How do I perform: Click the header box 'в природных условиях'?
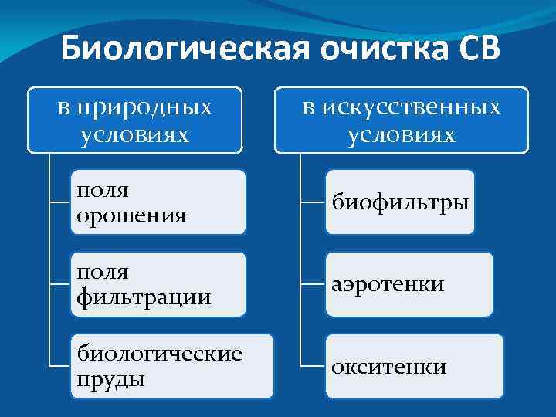coord(134,120)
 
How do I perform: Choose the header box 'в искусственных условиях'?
coord(401,120)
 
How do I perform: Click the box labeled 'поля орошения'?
coord(158,202)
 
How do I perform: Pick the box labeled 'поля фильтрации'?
coord(158,284)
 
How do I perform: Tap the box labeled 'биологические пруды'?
coord(171,366)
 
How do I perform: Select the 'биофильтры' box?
coord(400,202)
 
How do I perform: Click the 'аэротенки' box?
coord(409,284)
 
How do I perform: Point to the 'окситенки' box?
coord(413,366)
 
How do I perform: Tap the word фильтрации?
coord(143,297)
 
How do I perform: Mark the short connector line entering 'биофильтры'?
coord(313,202)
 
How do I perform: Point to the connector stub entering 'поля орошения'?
coord(59,202)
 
